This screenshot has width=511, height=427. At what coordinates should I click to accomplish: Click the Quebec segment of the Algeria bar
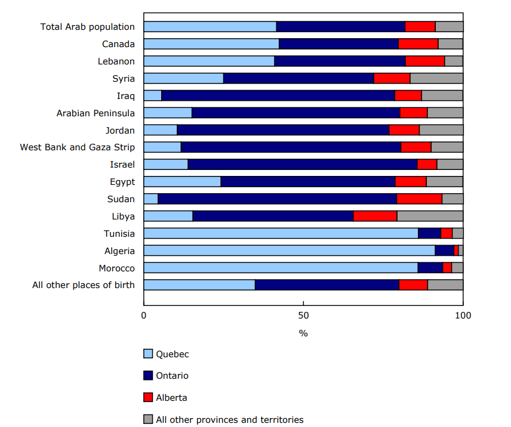click(x=289, y=250)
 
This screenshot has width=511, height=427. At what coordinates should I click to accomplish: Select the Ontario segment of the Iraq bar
click(x=278, y=95)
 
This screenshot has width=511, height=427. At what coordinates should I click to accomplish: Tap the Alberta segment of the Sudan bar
click(x=419, y=199)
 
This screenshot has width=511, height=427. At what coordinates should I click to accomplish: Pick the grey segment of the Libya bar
click(x=430, y=216)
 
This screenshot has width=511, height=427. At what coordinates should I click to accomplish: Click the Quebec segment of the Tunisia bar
click(x=281, y=233)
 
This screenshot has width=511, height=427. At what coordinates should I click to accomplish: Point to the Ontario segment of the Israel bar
click(x=302, y=165)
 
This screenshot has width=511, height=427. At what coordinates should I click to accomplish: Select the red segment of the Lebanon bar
click(x=425, y=61)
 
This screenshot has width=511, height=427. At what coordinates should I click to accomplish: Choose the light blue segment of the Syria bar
click(x=183, y=78)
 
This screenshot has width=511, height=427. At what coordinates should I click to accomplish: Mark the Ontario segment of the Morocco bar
click(x=430, y=268)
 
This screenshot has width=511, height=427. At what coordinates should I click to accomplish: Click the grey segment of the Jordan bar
click(x=441, y=130)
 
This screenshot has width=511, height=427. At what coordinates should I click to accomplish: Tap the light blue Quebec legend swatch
click(x=149, y=354)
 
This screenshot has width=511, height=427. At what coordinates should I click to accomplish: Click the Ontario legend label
click(x=172, y=376)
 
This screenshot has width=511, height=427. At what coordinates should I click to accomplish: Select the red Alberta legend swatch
click(x=149, y=397)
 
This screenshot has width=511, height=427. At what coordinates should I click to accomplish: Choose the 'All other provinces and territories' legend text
click(x=229, y=419)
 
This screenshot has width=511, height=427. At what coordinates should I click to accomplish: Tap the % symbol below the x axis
click(x=303, y=333)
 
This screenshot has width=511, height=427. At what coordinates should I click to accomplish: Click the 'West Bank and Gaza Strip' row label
click(x=77, y=147)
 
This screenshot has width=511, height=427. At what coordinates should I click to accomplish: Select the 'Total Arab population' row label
click(x=87, y=27)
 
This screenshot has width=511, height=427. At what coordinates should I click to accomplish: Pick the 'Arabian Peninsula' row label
click(x=96, y=113)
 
